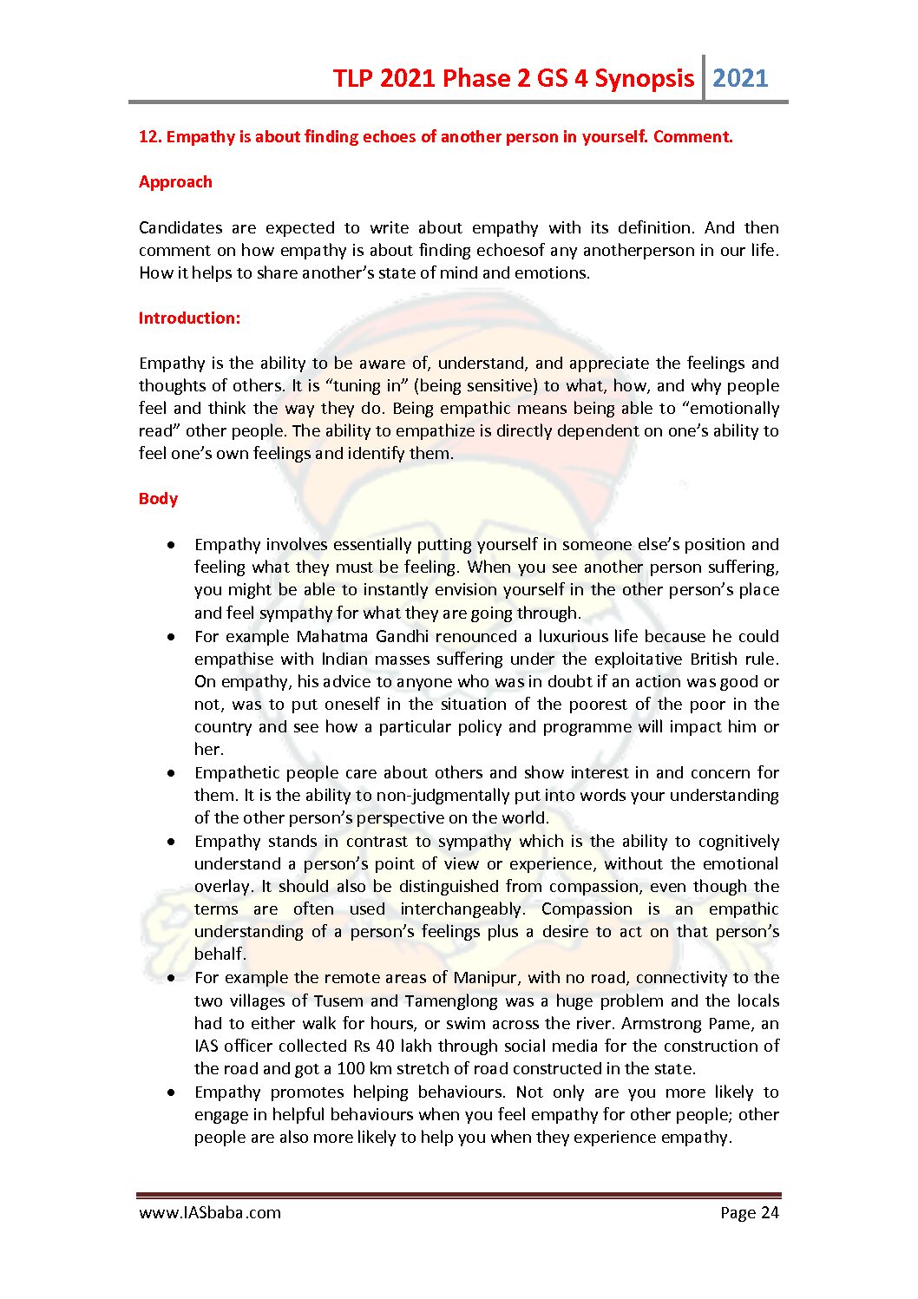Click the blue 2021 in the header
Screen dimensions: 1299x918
tap(740, 78)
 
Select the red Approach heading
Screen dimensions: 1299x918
tap(175, 181)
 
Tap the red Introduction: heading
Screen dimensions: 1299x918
tap(189, 318)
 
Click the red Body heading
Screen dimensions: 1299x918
tap(158, 498)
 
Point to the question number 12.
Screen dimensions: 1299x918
tap(150, 136)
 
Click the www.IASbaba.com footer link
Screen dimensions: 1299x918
tap(209, 1212)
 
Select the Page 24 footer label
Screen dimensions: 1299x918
tap(749, 1212)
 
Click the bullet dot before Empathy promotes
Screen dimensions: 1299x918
tap(172, 1092)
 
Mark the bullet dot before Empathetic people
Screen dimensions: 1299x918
tap(172, 773)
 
